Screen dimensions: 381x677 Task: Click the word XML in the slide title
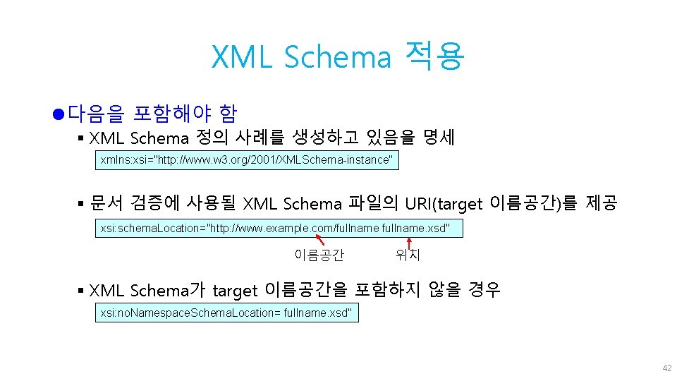(x=242, y=57)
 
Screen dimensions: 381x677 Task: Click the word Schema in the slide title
(x=337, y=57)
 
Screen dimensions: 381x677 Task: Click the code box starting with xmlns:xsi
(x=246, y=160)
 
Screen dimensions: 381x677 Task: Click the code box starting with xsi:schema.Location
(x=279, y=229)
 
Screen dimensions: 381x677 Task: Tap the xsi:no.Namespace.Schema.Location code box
(x=226, y=313)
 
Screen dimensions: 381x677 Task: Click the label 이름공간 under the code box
(x=319, y=255)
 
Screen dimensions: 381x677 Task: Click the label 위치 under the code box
(x=408, y=255)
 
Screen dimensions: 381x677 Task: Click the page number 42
(x=666, y=368)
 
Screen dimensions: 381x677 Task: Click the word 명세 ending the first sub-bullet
(x=439, y=137)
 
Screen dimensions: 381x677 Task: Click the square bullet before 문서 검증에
(x=81, y=205)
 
